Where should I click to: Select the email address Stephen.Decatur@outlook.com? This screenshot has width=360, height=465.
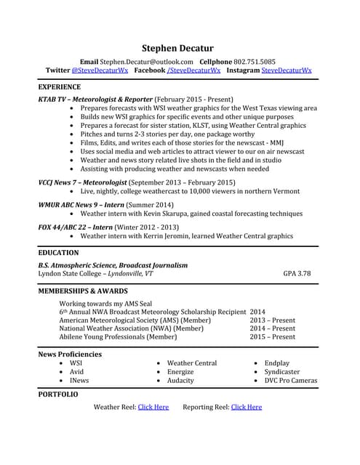pos(147,62)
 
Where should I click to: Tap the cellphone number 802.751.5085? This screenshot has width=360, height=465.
pos(249,62)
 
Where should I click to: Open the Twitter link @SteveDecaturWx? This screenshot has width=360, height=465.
pos(100,70)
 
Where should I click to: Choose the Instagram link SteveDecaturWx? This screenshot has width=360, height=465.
pos(286,70)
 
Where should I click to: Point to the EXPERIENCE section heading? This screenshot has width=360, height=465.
pos(60,86)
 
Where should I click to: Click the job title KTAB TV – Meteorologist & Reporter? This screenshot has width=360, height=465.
pos(95,99)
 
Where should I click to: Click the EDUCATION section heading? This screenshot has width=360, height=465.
pos(58,253)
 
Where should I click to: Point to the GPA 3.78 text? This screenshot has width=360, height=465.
pos(297,274)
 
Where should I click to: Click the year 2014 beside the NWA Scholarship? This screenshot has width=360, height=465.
pos(257,311)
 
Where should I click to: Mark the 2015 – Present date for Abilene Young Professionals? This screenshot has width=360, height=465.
pos(272,337)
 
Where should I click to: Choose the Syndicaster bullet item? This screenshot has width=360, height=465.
pos(281,371)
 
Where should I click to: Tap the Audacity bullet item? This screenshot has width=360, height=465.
pos(180,380)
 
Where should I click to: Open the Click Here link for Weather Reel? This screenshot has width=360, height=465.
pos(153,407)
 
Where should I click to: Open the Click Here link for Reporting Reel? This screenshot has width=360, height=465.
pos(246,407)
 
